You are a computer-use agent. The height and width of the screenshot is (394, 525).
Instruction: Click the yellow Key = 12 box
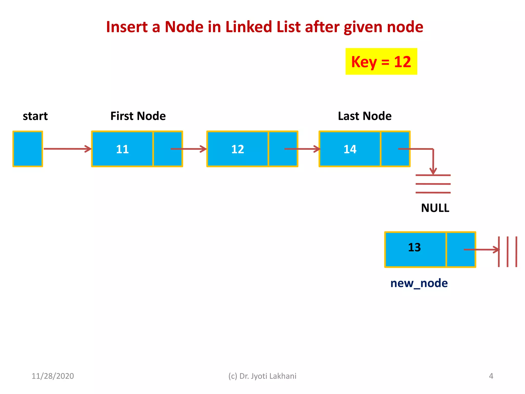[381, 62]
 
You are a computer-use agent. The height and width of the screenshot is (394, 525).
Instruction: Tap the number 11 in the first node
[122, 149]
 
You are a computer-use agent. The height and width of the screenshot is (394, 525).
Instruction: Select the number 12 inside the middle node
[237, 149]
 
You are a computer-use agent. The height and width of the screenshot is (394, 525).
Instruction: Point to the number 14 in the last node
[350, 149]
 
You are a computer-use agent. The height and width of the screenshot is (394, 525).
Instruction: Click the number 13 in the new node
[414, 248]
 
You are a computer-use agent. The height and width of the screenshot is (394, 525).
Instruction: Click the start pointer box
[28, 149]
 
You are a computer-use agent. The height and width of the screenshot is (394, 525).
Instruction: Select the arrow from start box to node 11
[67, 149]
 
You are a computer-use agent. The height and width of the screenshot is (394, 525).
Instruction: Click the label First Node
[138, 116]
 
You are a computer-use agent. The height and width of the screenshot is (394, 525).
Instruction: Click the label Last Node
[365, 116]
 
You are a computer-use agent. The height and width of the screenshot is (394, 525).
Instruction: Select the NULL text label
[435, 208]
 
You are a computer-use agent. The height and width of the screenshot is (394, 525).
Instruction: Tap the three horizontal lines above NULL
[433, 184]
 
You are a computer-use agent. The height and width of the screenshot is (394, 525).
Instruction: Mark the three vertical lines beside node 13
[508, 252]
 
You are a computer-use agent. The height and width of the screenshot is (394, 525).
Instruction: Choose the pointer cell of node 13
[461, 250]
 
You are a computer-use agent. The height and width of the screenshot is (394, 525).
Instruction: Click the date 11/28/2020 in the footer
[53, 376]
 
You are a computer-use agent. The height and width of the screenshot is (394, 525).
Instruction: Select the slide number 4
[491, 376]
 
